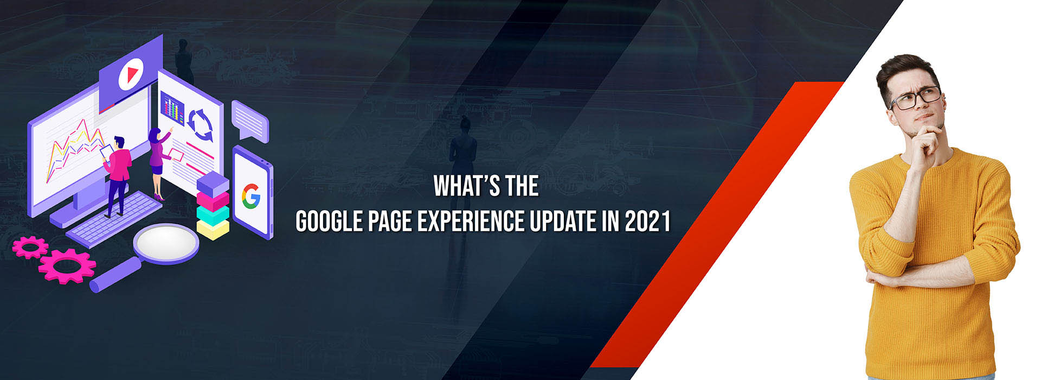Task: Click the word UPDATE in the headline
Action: pyautogui.click(x=562, y=221)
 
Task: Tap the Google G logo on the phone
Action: pyautogui.click(x=251, y=196)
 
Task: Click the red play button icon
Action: pyautogui.click(x=130, y=74)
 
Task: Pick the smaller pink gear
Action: pyautogui.click(x=30, y=248)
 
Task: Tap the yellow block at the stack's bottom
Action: pyautogui.click(x=213, y=229)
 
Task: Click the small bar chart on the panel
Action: pyautogui.click(x=172, y=109)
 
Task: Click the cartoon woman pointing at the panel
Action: pyautogui.click(x=158, y=163)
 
